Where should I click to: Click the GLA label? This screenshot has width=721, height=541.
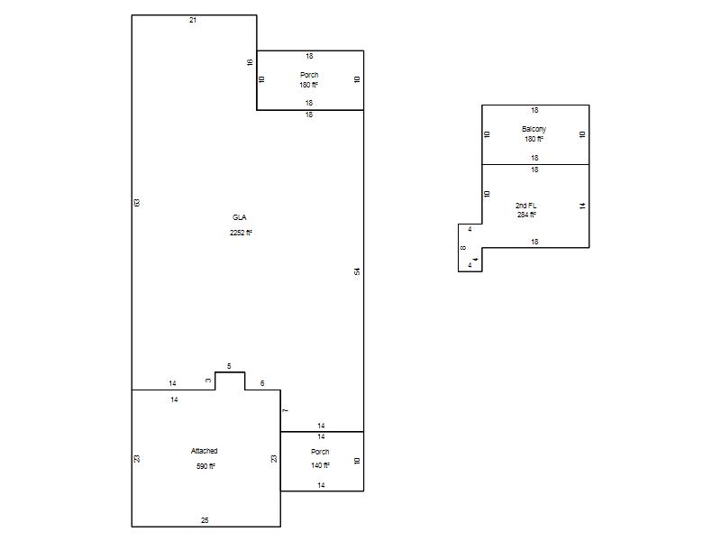pos(239,217)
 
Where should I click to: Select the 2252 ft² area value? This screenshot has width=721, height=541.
pos(241,233)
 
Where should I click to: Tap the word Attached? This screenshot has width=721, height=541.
pos(205,451)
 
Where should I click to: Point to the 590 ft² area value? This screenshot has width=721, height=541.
pos(205,466)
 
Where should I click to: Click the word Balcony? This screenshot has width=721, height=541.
pos(534,129)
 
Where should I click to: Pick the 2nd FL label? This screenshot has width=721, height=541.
pos(526,206)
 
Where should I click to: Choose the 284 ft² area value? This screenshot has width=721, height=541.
pos(526,215)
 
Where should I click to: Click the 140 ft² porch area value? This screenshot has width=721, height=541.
pos(320,465)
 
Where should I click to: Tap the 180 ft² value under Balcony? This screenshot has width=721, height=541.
pos(534,139)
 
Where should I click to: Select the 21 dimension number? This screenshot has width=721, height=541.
pos(193,20)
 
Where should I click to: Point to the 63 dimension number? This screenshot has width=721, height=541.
pos(137,203)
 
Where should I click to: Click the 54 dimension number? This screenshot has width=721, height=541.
pos(357,271)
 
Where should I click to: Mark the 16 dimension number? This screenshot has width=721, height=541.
pos(251,62)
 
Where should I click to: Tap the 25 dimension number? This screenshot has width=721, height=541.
pos(205,520)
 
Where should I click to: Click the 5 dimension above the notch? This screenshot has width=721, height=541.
pos(229,366)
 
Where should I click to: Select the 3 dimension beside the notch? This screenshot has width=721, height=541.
pos(208,381)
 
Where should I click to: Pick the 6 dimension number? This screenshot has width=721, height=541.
pos(262,383)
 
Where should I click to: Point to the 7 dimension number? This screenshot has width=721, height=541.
pos(286,410)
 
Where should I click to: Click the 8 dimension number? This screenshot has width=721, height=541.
pos(463,248)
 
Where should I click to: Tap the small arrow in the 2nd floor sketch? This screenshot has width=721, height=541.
pos(476,260)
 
